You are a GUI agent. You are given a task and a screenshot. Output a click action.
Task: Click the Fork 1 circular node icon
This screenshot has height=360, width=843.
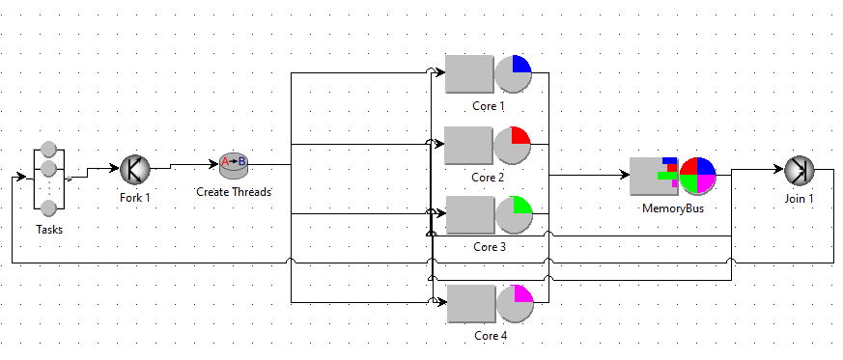click(135, 170)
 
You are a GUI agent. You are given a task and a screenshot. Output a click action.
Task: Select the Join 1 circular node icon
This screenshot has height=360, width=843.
click(799, 170)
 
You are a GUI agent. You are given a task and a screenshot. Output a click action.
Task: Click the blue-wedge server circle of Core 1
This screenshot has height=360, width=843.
click(514, 73)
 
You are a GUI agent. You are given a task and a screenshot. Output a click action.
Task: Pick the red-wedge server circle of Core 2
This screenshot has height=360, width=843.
click(514, 145)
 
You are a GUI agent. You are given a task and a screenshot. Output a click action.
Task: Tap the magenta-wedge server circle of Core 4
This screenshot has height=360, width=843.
click(514, 303)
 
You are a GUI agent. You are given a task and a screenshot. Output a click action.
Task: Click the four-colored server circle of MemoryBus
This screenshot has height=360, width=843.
click(697, 177)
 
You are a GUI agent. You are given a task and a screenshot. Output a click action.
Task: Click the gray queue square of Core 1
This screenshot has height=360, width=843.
click(469, 73)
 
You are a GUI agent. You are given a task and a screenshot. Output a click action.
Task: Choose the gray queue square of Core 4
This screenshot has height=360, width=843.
click(469, 303)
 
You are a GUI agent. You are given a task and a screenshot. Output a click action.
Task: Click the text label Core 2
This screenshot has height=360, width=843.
click(488, 177)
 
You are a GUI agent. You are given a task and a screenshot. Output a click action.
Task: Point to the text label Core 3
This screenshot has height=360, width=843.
click(488, 247)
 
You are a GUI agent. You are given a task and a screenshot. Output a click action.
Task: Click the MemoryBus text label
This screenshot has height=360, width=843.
click(672, 208)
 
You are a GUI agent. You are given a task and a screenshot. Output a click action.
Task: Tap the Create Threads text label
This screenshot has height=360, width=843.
click(234, 191)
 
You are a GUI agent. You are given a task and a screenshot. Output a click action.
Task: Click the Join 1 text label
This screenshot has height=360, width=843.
click(799, 199)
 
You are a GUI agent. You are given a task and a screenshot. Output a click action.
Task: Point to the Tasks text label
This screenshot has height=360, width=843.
click(49, 230)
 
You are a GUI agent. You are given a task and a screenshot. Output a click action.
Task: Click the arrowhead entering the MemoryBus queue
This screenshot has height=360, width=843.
click(623, 176)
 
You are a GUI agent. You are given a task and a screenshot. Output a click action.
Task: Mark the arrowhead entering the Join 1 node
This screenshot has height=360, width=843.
click(777, 170)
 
